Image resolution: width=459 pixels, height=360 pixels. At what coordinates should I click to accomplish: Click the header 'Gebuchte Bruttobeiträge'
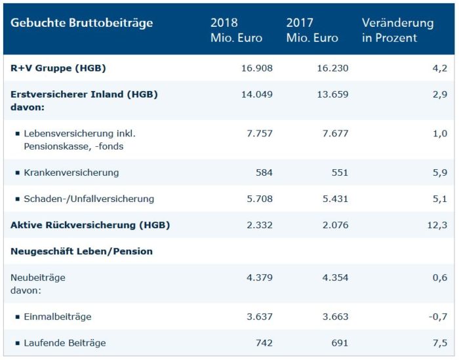[x=81, y=24]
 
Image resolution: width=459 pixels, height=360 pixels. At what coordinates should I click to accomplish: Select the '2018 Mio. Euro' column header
[x=236, y=30]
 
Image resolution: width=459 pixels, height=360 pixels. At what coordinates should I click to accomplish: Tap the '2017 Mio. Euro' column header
[x=312, y=30]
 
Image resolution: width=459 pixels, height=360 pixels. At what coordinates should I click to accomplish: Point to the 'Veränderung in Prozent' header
[x=397, y=30]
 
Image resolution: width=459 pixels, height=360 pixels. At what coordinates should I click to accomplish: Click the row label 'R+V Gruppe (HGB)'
[x=58, y=68]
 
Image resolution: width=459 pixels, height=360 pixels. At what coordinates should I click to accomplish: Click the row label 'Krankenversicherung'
[x=71, y=172]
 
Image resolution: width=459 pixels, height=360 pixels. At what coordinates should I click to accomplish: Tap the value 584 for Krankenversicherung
[x=263, y=172]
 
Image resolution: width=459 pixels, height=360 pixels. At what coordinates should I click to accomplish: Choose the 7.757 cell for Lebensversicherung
[x=258, y=133]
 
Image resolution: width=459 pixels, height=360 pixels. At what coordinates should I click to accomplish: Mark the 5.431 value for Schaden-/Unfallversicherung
[x=334, y=199]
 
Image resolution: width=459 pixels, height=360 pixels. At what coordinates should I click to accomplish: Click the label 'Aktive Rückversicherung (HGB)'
[x=90, y=225]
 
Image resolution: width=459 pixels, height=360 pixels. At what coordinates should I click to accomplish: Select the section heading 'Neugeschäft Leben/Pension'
[x=82, y=251]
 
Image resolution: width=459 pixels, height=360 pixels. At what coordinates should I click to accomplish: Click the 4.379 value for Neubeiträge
[x=258, y=277]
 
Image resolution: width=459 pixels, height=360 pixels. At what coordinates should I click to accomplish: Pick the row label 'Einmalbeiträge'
[x=57, y=317]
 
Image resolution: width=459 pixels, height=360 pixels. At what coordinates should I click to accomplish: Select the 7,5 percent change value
[x=441, y=343]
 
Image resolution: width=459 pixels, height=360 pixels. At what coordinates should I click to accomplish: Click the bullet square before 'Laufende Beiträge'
[x=17, y=343]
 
